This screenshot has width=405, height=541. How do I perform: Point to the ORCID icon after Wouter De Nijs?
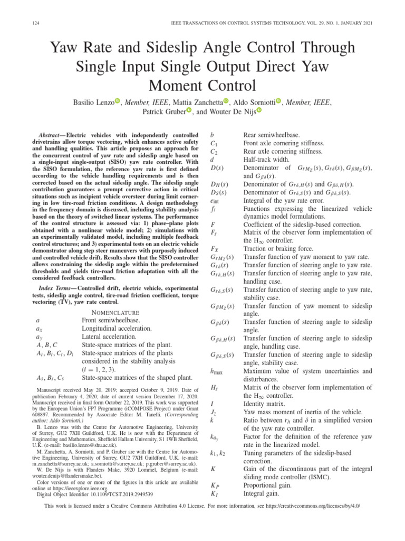point(259,111)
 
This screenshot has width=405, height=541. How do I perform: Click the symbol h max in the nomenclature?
point(216,372)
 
